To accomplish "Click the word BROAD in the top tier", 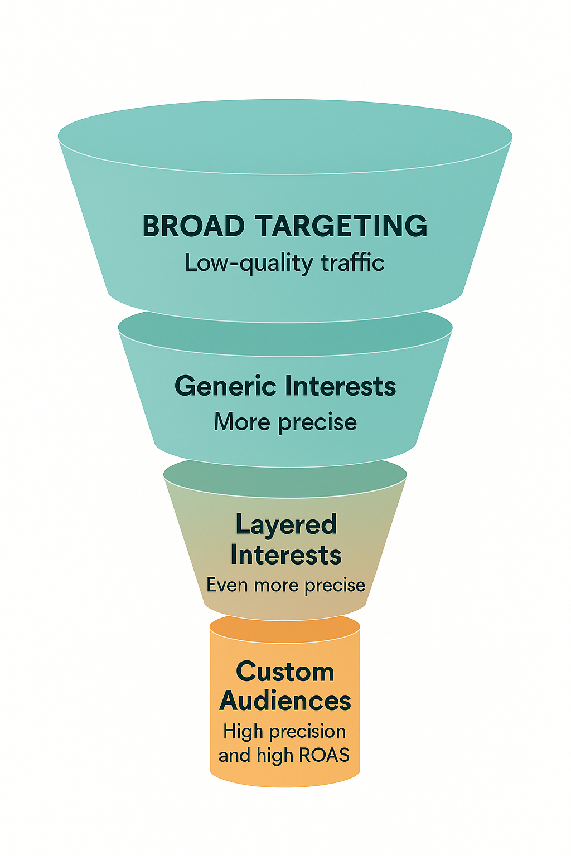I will click(193, 226).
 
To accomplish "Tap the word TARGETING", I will click(341, 226).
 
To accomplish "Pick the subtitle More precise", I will click(285, 422).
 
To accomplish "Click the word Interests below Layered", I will click(285, 556).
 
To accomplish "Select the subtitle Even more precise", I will click(285, 586).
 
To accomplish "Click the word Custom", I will click(285, 672).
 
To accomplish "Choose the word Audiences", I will click(285, 701).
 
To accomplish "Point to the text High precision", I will click(284, 731).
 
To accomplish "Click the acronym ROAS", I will click(324, 755).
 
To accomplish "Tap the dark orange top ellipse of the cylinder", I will click(285, 628).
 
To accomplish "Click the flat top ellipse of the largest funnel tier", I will click(285, 137).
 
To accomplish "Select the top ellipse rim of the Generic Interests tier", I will click(285, 333).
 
